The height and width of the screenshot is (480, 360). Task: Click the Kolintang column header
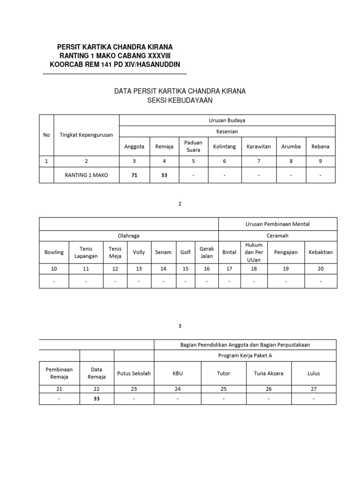[225, 146]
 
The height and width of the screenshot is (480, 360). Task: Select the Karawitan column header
[259, 146]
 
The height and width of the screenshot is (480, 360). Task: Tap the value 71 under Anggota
[134, 175]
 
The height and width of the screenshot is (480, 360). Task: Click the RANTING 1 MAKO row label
[87, 175]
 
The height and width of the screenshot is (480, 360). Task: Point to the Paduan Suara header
[193, 146]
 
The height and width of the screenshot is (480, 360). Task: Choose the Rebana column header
[321, 146]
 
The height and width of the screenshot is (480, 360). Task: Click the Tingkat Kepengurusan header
[87, 135]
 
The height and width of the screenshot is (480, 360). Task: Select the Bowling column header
[54, 252]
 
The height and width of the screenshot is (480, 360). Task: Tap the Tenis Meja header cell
[115, 252]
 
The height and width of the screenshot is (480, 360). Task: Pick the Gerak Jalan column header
[207, 252]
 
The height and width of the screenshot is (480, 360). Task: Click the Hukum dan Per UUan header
[254, 252]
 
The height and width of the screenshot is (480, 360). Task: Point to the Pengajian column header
[285, 252]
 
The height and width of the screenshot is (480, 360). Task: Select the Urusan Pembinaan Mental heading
[277, 224]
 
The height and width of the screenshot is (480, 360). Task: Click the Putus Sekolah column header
[134, 374]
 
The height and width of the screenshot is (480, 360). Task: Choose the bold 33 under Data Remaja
[97, 399]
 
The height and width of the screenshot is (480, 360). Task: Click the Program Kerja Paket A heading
[245, 355]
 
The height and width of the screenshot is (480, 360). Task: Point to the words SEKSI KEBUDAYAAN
[180, 100]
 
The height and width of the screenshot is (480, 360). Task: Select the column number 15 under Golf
[186, 268]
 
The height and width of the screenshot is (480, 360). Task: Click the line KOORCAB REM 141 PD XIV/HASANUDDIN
[115, 64]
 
